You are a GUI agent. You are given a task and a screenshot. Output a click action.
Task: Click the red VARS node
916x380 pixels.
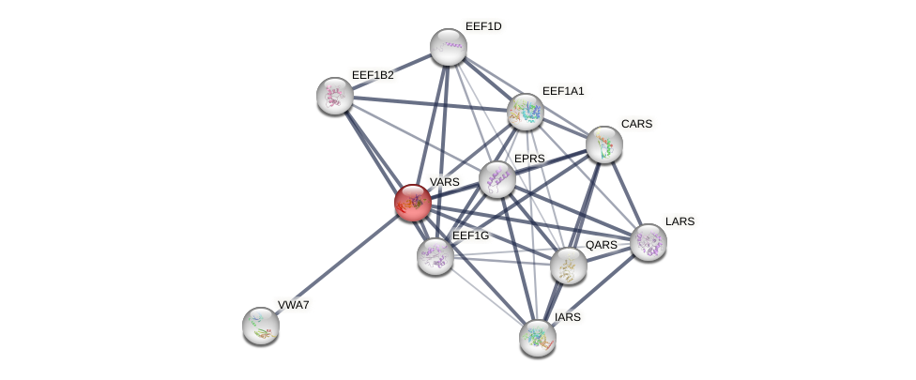click(x=412, y=202)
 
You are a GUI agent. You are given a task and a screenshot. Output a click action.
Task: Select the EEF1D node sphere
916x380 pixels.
click(x=448, y=47)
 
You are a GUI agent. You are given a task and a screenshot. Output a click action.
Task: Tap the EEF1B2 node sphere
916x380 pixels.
click(x=334, y=95)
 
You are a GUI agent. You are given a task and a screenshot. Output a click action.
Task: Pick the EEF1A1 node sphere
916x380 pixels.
click(x=526, y=112)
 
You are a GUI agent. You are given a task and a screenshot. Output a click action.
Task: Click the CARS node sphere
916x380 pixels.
click(x=603, y=144)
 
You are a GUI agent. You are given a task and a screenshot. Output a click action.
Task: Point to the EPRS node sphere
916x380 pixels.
click(x=496, y=179)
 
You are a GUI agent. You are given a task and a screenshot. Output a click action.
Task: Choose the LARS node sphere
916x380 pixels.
click(x=648, y=242)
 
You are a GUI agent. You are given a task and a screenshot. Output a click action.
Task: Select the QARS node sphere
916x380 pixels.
click(x=568, y=266)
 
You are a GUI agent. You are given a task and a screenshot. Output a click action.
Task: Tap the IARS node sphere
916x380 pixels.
click(x=537, y=337)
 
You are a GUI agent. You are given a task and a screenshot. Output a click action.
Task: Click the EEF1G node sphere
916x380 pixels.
click(x=435, y=255)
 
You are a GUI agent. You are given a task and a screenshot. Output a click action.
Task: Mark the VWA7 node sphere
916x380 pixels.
click(x=260, y=325)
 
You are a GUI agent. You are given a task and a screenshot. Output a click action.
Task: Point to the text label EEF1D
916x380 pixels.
click(x=483, y=26)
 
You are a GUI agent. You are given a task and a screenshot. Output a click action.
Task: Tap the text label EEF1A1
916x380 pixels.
click(x=563, y=91)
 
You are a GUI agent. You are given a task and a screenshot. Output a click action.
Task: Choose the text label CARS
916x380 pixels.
click(x=636, y=124)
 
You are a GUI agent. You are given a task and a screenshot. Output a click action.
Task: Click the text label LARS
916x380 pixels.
click(x=679, y=221)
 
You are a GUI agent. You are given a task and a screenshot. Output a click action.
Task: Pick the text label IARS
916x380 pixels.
click(x=568, y=317)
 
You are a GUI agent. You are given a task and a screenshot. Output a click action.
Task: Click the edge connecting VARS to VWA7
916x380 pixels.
click(x=336, y=264)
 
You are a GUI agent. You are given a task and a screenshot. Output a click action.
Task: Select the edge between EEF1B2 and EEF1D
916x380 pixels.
click(x=390, y=71)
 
